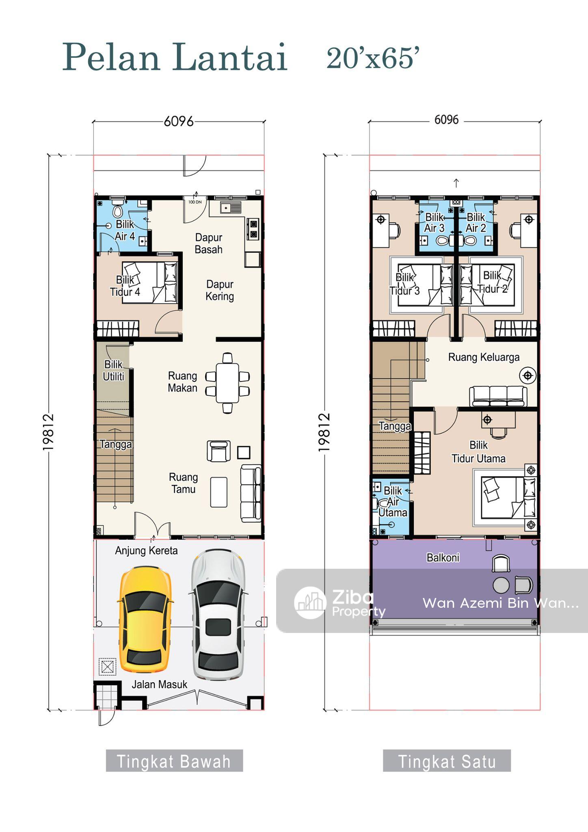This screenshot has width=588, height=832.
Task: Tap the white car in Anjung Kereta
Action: [x=218, y=615]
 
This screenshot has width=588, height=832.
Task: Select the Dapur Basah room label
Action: [x=209, y=243]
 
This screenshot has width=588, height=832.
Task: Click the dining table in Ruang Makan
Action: [x=227, y=383]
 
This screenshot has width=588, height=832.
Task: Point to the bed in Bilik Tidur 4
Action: [x=150, y=282]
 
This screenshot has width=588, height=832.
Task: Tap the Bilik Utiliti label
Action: [x=113, y=370]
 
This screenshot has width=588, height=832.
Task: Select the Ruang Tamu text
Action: [x=184, y=483]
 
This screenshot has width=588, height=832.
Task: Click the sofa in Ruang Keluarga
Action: [x=498, y=396]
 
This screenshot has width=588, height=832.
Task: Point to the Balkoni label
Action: [x=443, y=557]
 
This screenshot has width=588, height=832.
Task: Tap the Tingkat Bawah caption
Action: [x=174, y=761]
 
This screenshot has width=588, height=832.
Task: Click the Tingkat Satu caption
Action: [x=447, y=761]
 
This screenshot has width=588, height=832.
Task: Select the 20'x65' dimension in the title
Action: [x=373, y=58]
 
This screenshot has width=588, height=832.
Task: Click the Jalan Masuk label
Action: [x=160, y=685]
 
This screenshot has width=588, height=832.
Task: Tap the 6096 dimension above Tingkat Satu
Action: [x=446, y=120]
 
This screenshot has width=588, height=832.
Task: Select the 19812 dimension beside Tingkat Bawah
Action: [x=48, y=432]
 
